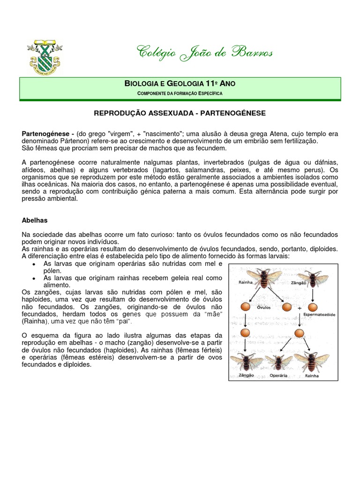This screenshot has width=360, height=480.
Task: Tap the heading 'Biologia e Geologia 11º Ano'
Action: tap(180, 84)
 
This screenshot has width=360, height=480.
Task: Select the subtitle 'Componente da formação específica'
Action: tap(180, 94)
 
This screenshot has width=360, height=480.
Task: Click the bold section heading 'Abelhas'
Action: tap(35, 220)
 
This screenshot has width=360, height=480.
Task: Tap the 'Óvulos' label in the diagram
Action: tap(264, 308)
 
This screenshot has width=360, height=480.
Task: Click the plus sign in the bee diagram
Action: tap(299, 308)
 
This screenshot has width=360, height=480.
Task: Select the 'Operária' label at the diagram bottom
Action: tap(278, 376)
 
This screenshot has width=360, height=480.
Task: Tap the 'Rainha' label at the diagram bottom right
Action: tap(312, 376)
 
